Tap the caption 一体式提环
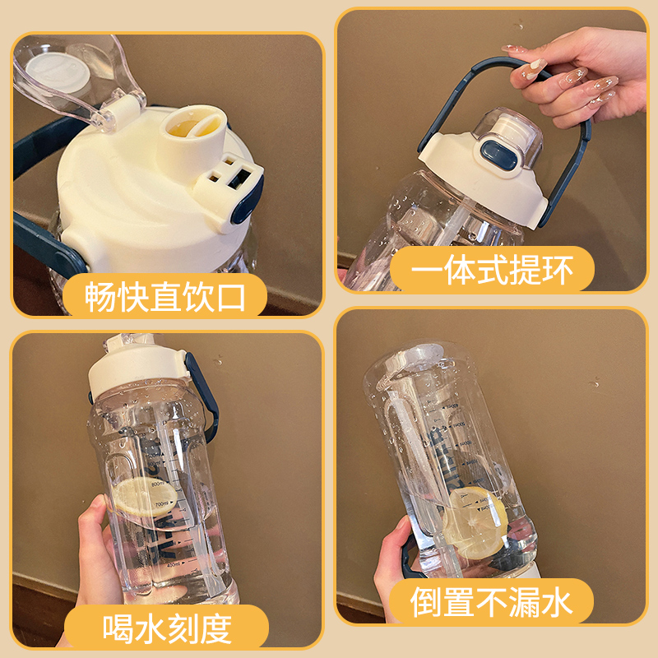[491, 269]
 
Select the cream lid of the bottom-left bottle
[140, 365]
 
